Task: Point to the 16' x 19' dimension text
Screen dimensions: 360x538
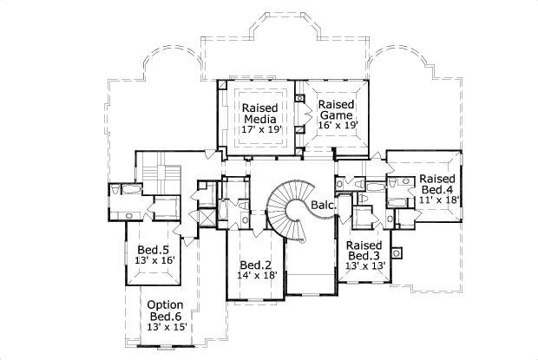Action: tap(336, 125)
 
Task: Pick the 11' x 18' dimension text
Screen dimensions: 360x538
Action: tap(437, 200)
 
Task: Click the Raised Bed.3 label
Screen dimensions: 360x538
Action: tap(364, 250)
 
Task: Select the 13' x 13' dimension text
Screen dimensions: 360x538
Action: tap(364, 266)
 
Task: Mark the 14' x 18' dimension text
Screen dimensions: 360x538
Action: tap(257, 276)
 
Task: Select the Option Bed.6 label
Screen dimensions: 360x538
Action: tap(164, 310)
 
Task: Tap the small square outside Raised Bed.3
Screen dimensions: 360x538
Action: tap(397, 253)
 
